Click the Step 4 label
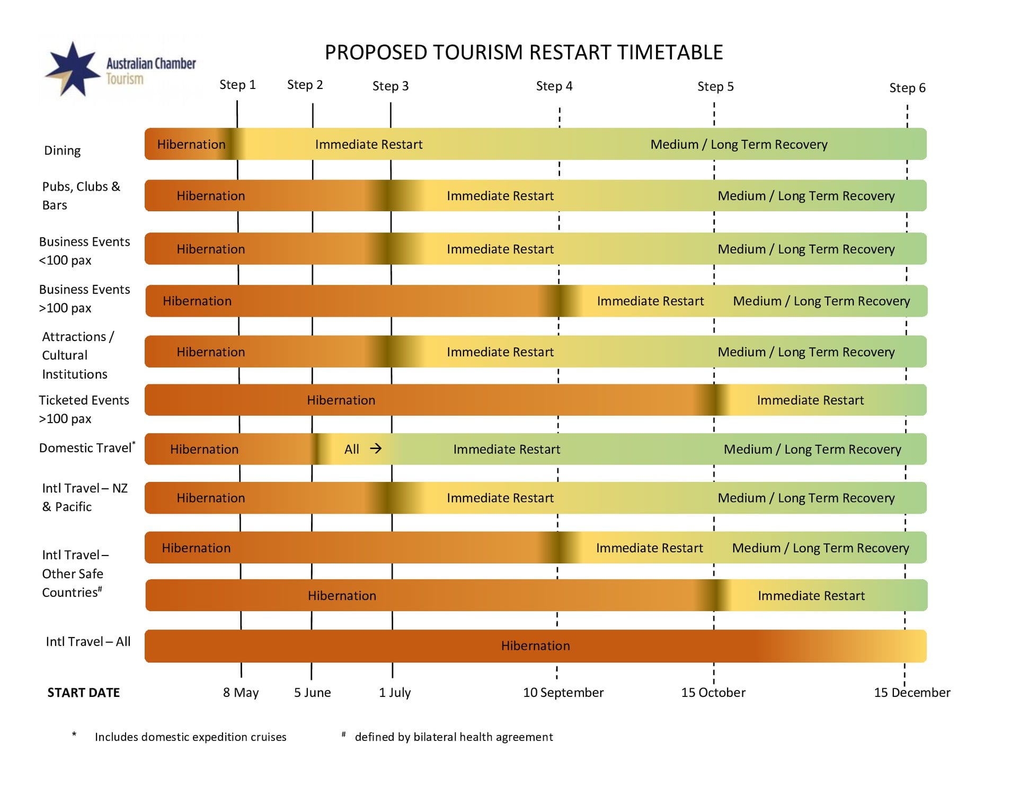pos(554,86)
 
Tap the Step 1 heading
pos(237,85)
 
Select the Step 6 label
pos(907,88)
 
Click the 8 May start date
pos(241,693)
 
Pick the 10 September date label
pos(563,693)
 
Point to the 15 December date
pos(912,693)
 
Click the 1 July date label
pos(395,693)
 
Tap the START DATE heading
pos(84,693)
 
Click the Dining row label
pos(63,151)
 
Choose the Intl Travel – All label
pos(88,642)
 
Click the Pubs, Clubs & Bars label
pos(81,196)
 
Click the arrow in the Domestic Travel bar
pos(376,449)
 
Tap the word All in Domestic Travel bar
pos(352,450)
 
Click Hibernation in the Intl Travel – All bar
pos(536,646)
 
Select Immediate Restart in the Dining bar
pos(369,145)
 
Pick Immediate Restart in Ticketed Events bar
pos(810,400)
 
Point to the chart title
pos(524,52)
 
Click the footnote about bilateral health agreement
pos(448,737)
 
